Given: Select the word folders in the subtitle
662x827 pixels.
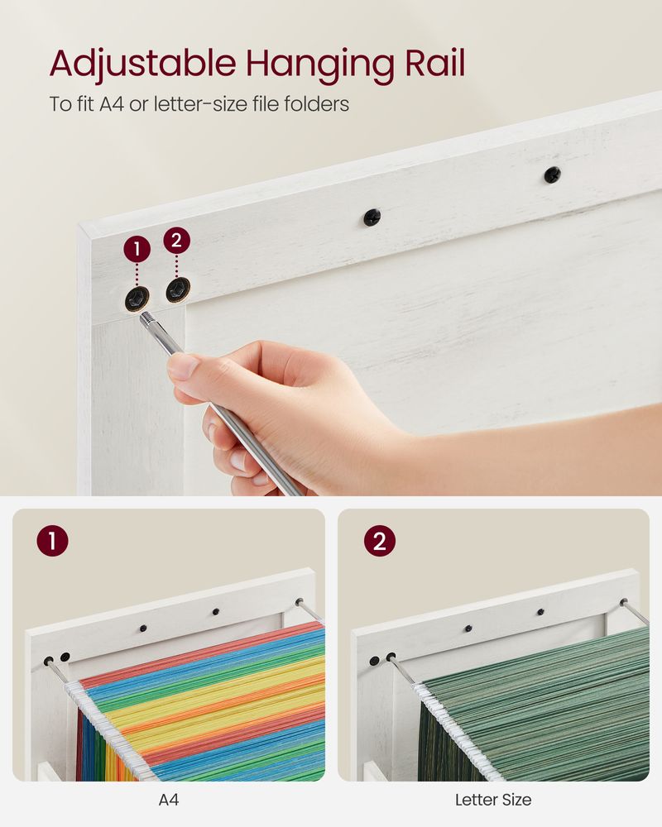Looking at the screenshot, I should click(x=319, y=104).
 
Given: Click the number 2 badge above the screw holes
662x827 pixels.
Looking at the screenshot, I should click(x=177, y=241).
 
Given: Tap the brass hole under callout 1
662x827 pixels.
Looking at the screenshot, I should click(x=137, y=298).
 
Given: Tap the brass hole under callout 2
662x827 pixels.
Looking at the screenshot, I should click(x=176, y=289).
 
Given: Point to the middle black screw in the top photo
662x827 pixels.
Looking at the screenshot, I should click(x=372, y=218).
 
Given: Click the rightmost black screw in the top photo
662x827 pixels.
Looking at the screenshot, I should click(x=552, y=174).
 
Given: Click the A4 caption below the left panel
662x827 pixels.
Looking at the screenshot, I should click(x=169, y=800).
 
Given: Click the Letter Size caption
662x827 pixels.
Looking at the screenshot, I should click(x=493, y=800).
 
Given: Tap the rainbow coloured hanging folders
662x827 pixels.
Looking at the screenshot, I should click(x=207, y=703).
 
